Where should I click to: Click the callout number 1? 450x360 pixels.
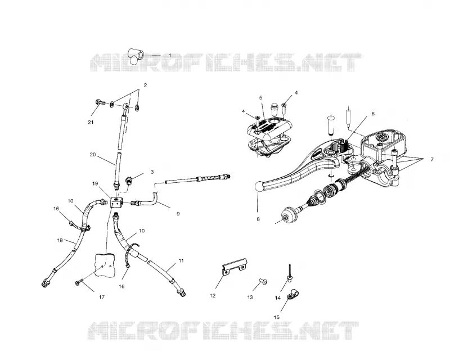pos(170,55)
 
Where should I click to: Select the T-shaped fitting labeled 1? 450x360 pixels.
pos(136,56)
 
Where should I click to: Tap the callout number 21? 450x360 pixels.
pos(91,122)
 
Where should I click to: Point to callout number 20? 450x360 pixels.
pos(92,155)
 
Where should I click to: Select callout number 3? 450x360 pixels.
pos(152,172)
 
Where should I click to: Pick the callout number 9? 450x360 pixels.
pos(178,214)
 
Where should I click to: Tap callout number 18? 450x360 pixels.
pos(60,240)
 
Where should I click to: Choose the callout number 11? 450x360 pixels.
pos(181,260)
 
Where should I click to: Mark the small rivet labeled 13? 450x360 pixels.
pos(263,282)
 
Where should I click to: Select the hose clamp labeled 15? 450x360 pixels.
pos(292,294)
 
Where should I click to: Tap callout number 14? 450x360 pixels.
pos(277,298)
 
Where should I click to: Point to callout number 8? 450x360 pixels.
pos(258,219)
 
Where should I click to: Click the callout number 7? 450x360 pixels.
pos(432,160)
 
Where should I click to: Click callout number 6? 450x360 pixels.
pos(373,114)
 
